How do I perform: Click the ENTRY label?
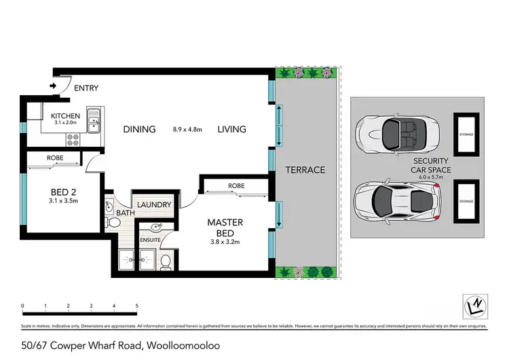pos(86,88)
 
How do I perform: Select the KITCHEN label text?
pos(66,116)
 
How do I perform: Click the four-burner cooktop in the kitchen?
pos(73,139)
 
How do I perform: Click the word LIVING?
pos(231,129)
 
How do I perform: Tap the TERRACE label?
pos(305,170)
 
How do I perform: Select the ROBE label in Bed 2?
pos(56,158)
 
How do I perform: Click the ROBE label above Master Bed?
pos(236,185)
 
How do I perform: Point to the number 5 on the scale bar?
pos(137,306)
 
